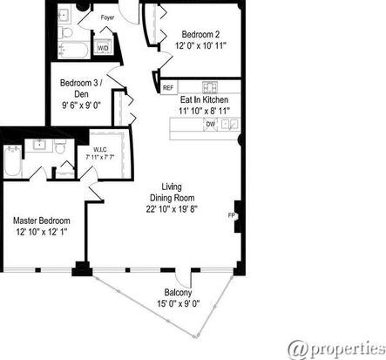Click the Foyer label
(x=107, y=17)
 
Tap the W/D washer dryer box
(x=103, y=47)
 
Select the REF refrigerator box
(x=168, y=87)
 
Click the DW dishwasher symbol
(x=211, y=124)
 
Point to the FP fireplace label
(x=232, y=215)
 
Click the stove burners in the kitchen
(x=210, y=87)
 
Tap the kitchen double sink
(x=229, y=124)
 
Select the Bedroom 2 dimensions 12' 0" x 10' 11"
(x=200, y=46)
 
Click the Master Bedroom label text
(x=42, y=221)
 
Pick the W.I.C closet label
(x=99, y=150)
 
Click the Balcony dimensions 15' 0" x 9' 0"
(x=179, y=304)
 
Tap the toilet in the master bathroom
(x=60, y=147)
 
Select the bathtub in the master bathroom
(x=13, y=160)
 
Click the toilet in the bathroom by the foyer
(x=67, y=32)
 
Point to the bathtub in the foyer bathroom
(x=73, y=50)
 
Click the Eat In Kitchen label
(x=204, y=99)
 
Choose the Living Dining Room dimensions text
(x=172, y=209)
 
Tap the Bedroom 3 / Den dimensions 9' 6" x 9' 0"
(x=81, y=105)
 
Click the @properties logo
(x=337, y=349)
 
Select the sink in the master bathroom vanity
(x=38, y=145)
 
